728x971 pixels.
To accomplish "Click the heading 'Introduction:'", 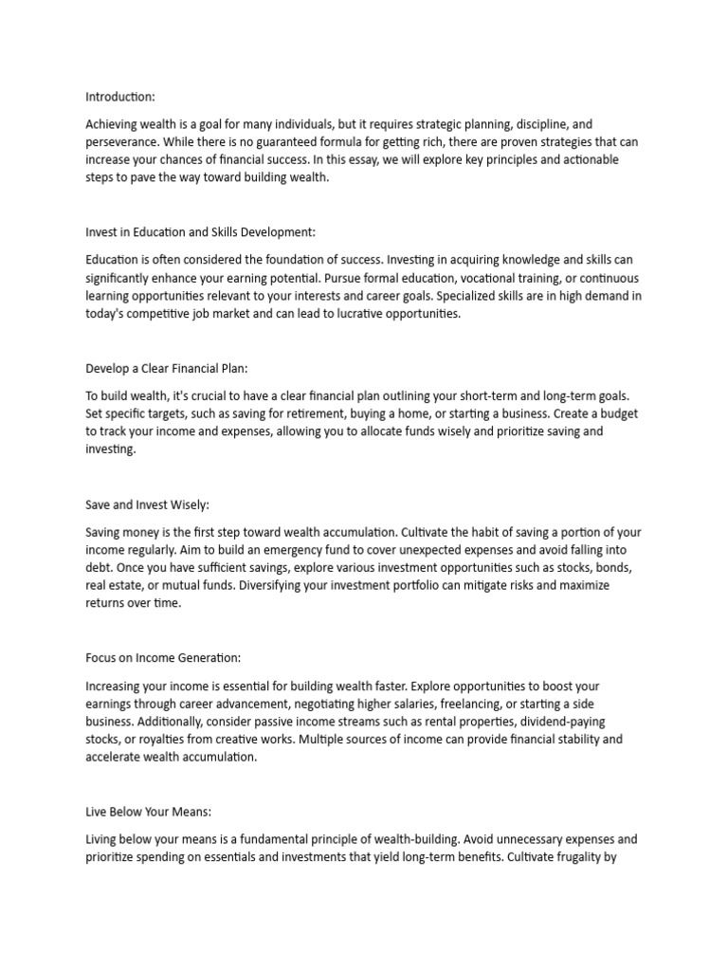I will point(120,97).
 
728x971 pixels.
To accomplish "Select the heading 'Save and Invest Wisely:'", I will point(146,505).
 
